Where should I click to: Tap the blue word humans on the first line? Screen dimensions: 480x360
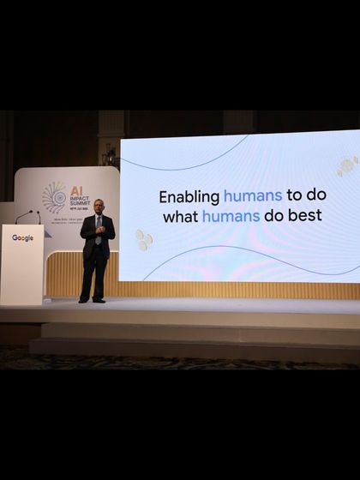(252, 196)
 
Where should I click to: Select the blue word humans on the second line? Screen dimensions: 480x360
(231, 216)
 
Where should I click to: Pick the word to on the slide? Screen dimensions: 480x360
(295, 196)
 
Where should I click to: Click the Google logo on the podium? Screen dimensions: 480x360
(22, 238)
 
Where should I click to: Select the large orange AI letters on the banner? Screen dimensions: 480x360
(76, 192)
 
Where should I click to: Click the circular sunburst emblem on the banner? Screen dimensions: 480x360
(54, 198)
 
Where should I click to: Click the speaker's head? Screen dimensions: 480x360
(98, 206)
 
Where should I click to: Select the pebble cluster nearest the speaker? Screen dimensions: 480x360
(143, 240)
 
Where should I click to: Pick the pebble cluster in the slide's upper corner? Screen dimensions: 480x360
(345, 165)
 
